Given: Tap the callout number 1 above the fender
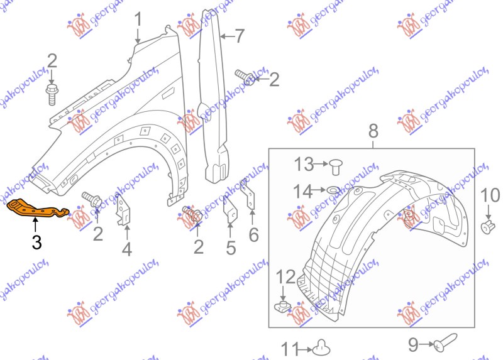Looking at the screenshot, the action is coord(138,19).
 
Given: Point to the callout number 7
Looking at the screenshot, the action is coord(240,36).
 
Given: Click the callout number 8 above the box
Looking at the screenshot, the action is coord(373,131).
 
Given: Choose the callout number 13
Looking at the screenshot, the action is coord(304,164).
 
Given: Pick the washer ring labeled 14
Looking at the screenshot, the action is coord(333,191).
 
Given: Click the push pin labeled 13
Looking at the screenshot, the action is coord(336,166).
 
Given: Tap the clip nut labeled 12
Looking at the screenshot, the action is coord(283,307).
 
